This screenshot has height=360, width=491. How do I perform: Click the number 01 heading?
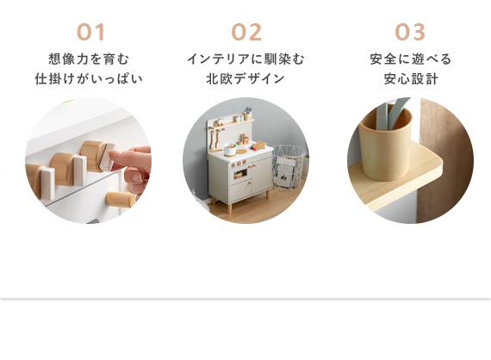click(x=90, y=32)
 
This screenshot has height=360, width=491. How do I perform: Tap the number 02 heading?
click(x=246, y=32)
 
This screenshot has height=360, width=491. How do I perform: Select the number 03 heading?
click(x=410, y=32)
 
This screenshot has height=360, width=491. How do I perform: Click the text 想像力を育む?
click(x=89, y=59)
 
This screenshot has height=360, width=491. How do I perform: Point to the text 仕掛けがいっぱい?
click(x=89, y=78)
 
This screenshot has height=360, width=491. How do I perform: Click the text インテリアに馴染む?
click(x=245, y=59)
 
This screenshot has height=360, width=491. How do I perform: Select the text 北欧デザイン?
click(x=245, y=78)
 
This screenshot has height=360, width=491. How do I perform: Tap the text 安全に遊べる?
click(x=411, y=59)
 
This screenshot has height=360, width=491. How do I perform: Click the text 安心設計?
click(x=411, y=78)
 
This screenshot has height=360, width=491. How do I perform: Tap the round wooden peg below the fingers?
click(x=121, y=200)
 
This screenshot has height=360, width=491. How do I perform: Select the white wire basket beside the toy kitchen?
click(x=289, y=167)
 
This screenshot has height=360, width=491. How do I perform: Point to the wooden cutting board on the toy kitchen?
click(x=259, y=146)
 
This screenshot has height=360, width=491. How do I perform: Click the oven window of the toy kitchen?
click(x=240, y=174)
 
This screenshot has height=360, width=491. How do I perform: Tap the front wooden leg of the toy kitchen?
click(x=230, y=208)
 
